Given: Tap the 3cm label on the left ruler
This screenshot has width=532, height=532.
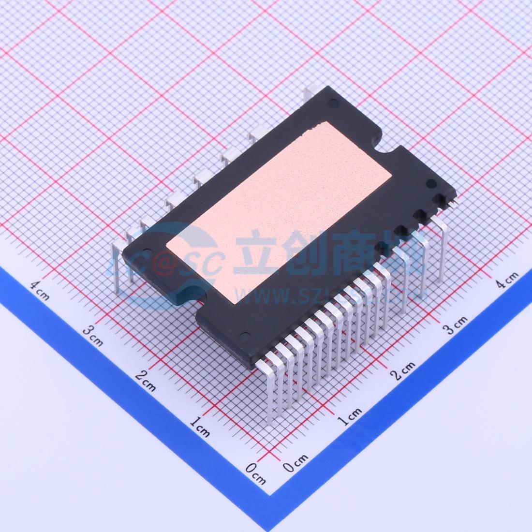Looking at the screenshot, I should pos(92,336).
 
